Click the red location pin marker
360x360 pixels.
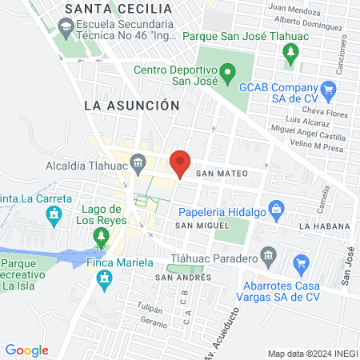point(180,163)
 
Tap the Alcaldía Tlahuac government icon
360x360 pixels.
point(138,165)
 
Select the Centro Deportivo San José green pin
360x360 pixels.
point(227,78)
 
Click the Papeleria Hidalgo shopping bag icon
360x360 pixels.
point(277,211)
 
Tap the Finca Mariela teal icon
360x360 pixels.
point(102,278)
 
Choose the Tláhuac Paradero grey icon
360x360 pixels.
point(269,257)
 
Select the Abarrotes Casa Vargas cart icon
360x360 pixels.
point(301,263)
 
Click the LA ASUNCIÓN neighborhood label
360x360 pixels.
point(130,105)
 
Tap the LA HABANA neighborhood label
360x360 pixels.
point(325,226)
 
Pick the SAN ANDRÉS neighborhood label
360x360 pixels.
point(183,277)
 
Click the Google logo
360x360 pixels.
point(27,350)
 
